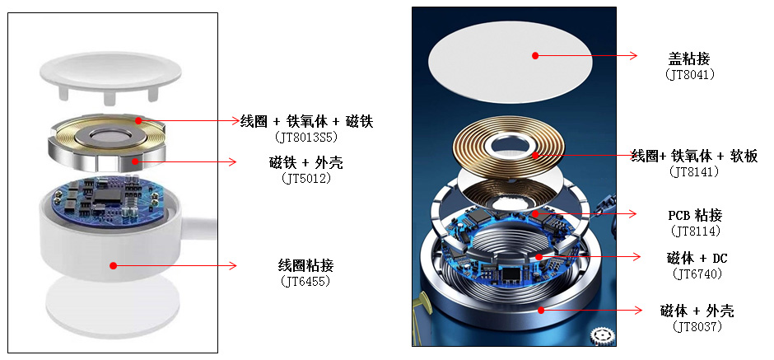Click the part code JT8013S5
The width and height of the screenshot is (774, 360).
pos(306,136)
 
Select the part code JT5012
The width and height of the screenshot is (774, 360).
pos(306,178)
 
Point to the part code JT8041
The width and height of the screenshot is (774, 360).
pos(689,75)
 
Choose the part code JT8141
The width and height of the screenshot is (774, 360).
pos(694,172)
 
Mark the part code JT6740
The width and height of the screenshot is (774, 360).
pos(697,273)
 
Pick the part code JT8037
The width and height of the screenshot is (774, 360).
pos(697,326)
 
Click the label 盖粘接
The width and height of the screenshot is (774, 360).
pos(689,58)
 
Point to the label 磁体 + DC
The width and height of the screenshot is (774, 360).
pos(697,258)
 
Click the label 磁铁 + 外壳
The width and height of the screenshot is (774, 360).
pos(306,162)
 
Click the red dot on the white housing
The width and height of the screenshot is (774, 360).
pos(113,266)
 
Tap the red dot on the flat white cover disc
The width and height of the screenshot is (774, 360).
pos(535,56)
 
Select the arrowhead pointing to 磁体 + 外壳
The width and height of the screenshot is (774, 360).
pos(638,310)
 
